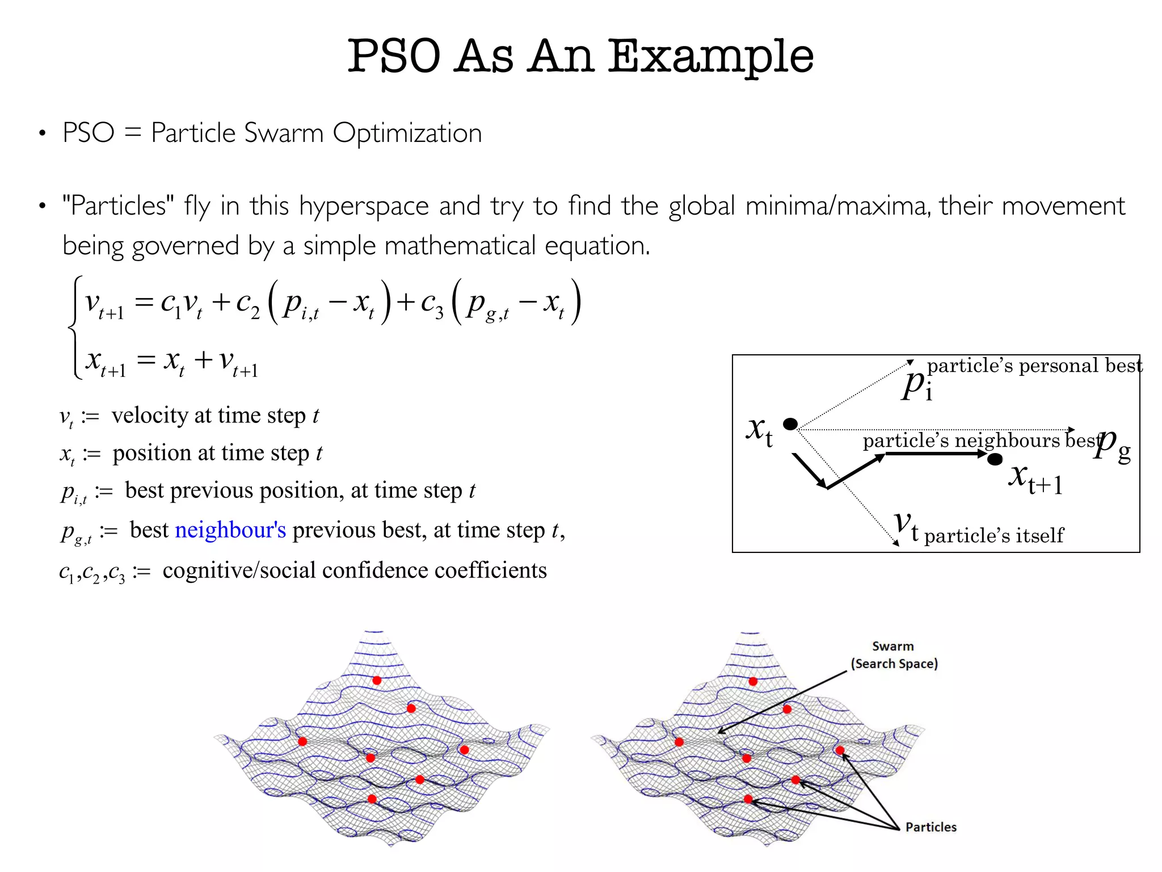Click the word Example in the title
pos(711,57)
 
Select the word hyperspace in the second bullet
pos(364,207)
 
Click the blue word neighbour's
pos(230,530)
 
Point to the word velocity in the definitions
pos(150,416)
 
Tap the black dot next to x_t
pos(790,424)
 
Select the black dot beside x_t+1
pos(995,459)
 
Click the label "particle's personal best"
pos(1034,366)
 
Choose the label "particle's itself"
pos(993,535)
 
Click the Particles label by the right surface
pos(931,827)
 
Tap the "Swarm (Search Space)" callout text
pos(894,655)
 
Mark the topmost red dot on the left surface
pos(377,680)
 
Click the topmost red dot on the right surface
pos(753,681)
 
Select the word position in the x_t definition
pos(152,453)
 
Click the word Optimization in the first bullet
pos(407,133)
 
